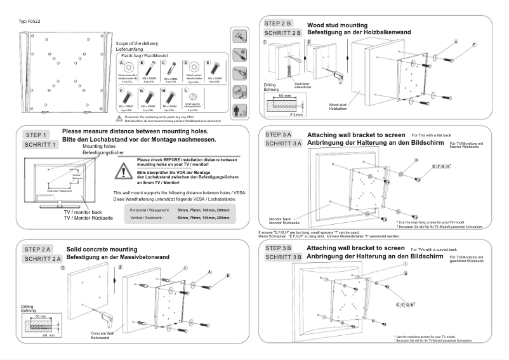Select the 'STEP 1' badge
coord(36,135)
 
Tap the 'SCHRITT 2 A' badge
coord(43,259)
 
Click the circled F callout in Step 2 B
coord(473,45)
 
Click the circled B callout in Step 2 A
coord(226,276)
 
